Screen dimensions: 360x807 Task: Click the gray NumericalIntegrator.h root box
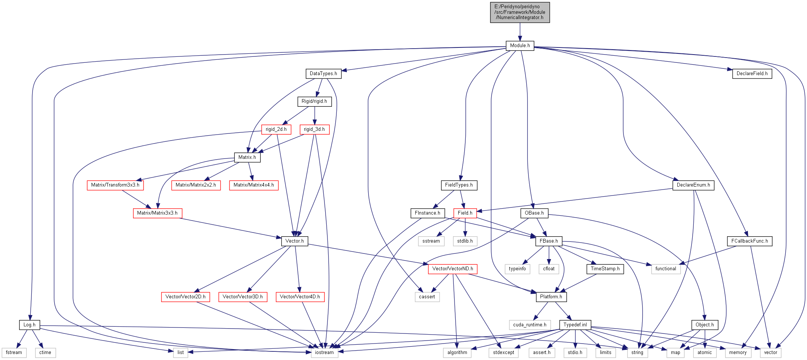click(520, 12)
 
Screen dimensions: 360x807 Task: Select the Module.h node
click(520, 46)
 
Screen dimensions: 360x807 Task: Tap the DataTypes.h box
click(323, 74)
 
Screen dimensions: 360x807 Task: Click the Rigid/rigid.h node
click(314, 101)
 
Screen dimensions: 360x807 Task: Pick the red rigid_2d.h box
click(276, 129)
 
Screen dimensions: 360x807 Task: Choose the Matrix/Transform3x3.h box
click(115, 185)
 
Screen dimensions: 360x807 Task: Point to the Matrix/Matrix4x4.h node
click(253, 185)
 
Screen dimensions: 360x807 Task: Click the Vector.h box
click(294, 241)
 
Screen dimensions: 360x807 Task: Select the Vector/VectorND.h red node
click(452, 269)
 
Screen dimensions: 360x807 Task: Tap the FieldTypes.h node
click(459, 185)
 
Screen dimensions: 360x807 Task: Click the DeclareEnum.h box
click(693, 185)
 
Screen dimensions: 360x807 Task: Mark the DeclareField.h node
click(752, 74)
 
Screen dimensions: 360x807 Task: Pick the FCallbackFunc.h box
click(749, 241)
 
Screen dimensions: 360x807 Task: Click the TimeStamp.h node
click(605, 269)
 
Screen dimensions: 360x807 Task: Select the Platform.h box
click(551, 297)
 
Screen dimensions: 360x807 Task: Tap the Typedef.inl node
click(575, 325)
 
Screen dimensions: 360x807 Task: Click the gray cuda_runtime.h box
click(529, 325)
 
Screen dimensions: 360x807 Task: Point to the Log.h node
click(29, 325)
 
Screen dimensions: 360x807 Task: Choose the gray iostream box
click(324, 353)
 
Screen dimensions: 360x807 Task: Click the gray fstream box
click(14, 353)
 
